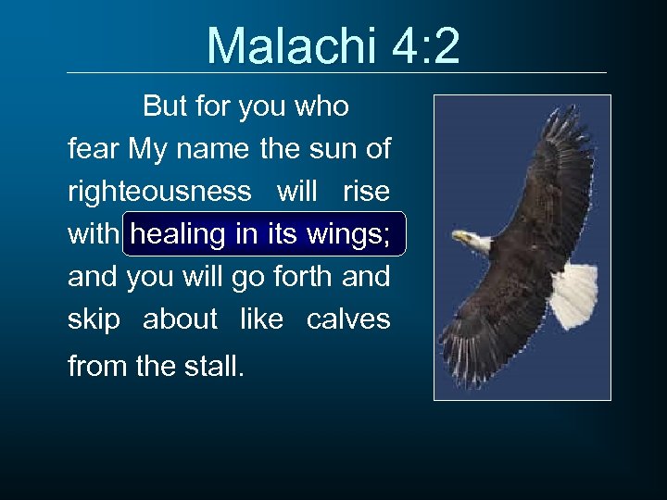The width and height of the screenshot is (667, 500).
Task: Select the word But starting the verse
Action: click(x=164, y=107)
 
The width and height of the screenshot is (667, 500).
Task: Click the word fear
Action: click(x=94, y=148)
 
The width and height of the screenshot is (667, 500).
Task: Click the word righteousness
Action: click(x=159, y=192)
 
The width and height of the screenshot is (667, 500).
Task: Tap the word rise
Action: click(x=366, y=192)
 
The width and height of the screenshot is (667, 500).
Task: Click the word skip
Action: click(x=94, y=319)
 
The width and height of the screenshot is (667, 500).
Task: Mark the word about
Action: click(x=180, y=319)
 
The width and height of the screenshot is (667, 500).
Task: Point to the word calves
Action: click(x=348, y=319)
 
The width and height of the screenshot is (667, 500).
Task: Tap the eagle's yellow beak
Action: click(x=459, y=238)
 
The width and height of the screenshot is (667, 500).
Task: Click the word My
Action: click(x=149, y=148)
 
